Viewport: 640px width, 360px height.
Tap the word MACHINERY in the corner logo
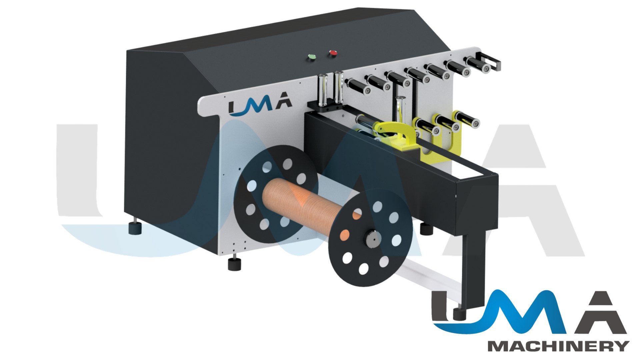[x=559, y=346]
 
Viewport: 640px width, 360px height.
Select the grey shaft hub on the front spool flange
[x=372, y=239]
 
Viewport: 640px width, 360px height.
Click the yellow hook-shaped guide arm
[x=395, y=135]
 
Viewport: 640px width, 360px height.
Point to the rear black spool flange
[x=275, y=193]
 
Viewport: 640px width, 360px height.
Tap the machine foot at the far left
[x=135, y=227]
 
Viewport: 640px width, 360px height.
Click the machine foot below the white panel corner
[x=234, y=263]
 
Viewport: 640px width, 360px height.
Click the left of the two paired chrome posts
[x=323, y=89]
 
